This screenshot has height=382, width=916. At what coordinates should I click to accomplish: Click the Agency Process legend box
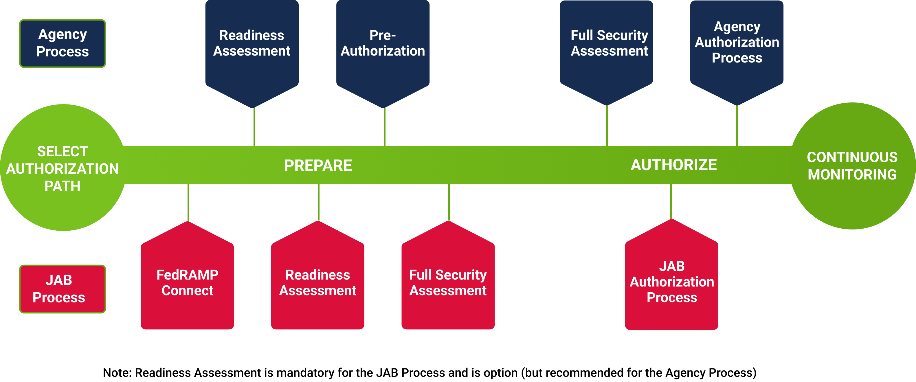coord(63,43)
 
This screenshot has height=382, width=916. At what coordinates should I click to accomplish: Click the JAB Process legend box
coord(63,289)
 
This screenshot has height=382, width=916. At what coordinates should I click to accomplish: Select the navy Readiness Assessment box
coord(252,46)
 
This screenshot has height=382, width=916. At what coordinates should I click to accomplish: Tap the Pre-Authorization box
coord(383,46)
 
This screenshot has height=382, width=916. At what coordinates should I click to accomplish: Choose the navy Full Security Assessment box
coord(606,46)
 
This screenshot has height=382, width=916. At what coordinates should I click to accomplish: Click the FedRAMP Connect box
coord(187,283)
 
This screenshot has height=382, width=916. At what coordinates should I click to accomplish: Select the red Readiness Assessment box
coord(317,283)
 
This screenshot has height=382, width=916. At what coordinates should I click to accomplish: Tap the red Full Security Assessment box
coord(448,283)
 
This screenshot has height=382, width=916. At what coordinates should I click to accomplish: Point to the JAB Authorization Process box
coord(671,282)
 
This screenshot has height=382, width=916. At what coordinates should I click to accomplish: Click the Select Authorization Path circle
coord(63,168)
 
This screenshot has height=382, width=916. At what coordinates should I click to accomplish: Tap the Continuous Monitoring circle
coord(852,166)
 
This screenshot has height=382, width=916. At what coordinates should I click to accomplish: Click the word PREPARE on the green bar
coord(318,166)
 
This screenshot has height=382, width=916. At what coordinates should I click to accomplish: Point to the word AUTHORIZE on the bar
coord(673,165)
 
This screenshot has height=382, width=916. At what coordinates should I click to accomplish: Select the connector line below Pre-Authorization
coord(384,127)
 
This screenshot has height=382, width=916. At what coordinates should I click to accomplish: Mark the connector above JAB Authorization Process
coord(671,201)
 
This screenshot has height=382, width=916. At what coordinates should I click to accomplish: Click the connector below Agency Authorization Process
coord(737,126)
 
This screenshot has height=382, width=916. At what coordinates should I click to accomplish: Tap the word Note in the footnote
coord(117,372)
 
